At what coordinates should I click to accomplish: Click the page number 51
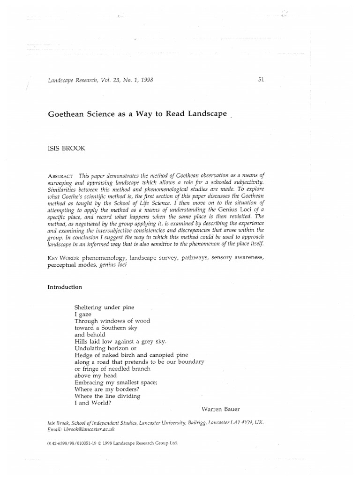pos(262,79)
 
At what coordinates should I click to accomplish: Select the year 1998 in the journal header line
pos(144,80)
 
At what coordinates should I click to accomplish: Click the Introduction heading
pos(65,287)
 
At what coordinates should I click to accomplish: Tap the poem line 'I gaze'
pos(82,314)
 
